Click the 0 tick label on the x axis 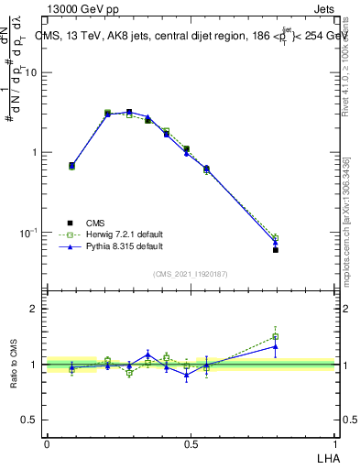[47, 443]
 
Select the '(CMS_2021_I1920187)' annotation [190, 273]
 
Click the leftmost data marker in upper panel [72, 166]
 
